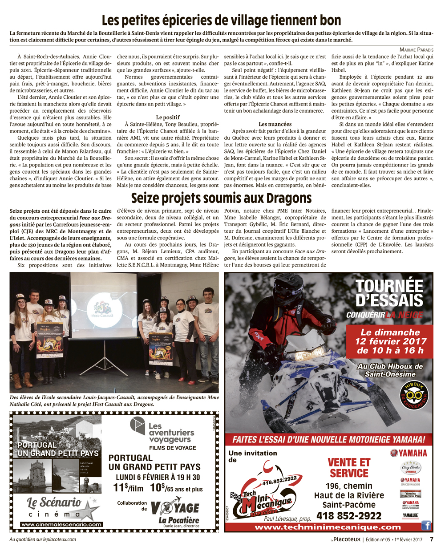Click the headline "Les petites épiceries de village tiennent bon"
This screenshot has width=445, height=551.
click(x=221, y=20)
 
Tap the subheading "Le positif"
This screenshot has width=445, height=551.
click(x=168, y=117)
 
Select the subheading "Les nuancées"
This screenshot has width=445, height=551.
click(x=275, y=124)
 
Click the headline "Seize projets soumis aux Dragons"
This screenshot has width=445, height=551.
click(x=221, y=198)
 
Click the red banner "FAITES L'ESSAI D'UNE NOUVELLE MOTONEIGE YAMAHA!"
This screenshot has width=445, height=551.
click(x=328, y=440)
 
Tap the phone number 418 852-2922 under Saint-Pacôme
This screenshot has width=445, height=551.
click(x=349, y=515)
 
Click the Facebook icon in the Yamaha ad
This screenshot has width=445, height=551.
click(x=426, y=526)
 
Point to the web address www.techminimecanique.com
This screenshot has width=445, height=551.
click(x=328, y=527)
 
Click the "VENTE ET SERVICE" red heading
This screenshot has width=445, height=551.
click(x=349, y=468)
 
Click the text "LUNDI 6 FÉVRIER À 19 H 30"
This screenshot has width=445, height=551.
click(x=155, y=477)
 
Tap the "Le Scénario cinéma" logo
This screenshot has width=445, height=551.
click(x=57, y=507)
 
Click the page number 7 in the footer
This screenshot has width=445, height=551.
click(x=431, y=539)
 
